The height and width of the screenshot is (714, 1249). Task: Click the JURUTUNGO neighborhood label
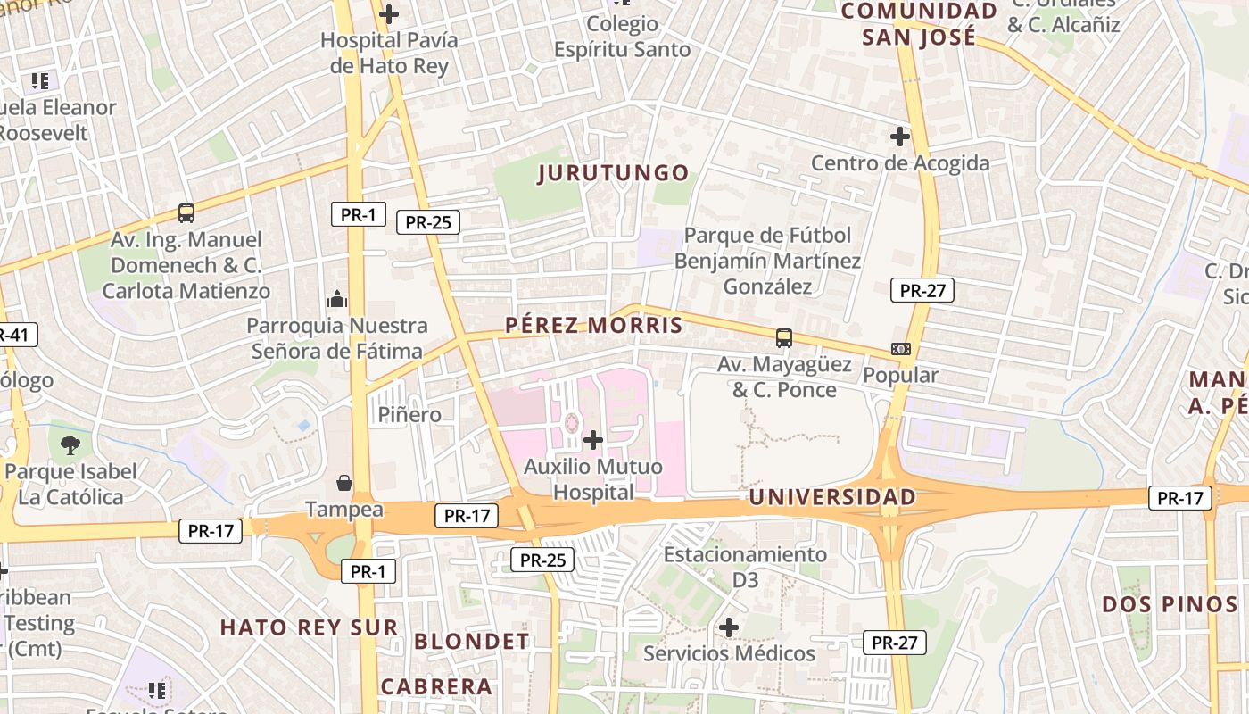(614, 173)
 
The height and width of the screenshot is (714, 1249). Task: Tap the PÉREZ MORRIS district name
(593, 326)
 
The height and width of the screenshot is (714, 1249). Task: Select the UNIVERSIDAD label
(832, 497)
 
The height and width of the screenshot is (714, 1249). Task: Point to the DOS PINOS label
(1169, 604)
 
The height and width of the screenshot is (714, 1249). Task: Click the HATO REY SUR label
(309, 627)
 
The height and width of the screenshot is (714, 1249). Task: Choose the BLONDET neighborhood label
(472, 642)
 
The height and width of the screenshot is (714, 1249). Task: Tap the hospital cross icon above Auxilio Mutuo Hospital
(592, 439)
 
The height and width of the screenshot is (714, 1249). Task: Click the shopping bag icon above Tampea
(343, 483)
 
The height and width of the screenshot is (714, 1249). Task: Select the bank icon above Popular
(900, 349)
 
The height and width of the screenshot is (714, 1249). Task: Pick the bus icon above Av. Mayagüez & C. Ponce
(784, 338)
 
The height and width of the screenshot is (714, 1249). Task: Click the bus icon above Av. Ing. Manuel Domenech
(186, 213)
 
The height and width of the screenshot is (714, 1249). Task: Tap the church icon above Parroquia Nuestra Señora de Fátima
(337, 299)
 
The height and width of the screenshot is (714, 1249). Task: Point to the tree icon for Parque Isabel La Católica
(70, 444)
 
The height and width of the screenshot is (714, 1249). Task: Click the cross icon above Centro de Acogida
(899, 137)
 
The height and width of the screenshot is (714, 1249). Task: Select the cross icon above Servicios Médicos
(729, 627)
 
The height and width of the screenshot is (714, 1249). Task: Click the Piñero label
(409, 414)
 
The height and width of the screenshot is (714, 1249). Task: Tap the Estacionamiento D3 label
(745, 567)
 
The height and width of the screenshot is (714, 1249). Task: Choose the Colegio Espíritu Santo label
(622, 37)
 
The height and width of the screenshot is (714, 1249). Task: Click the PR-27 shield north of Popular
(922, 290)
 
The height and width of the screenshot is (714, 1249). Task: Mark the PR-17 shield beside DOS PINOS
(1179, 499)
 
